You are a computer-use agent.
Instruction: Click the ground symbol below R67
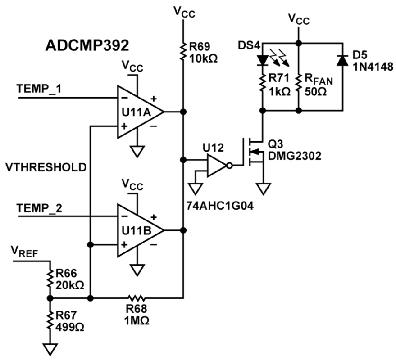[x=49, y=348]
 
